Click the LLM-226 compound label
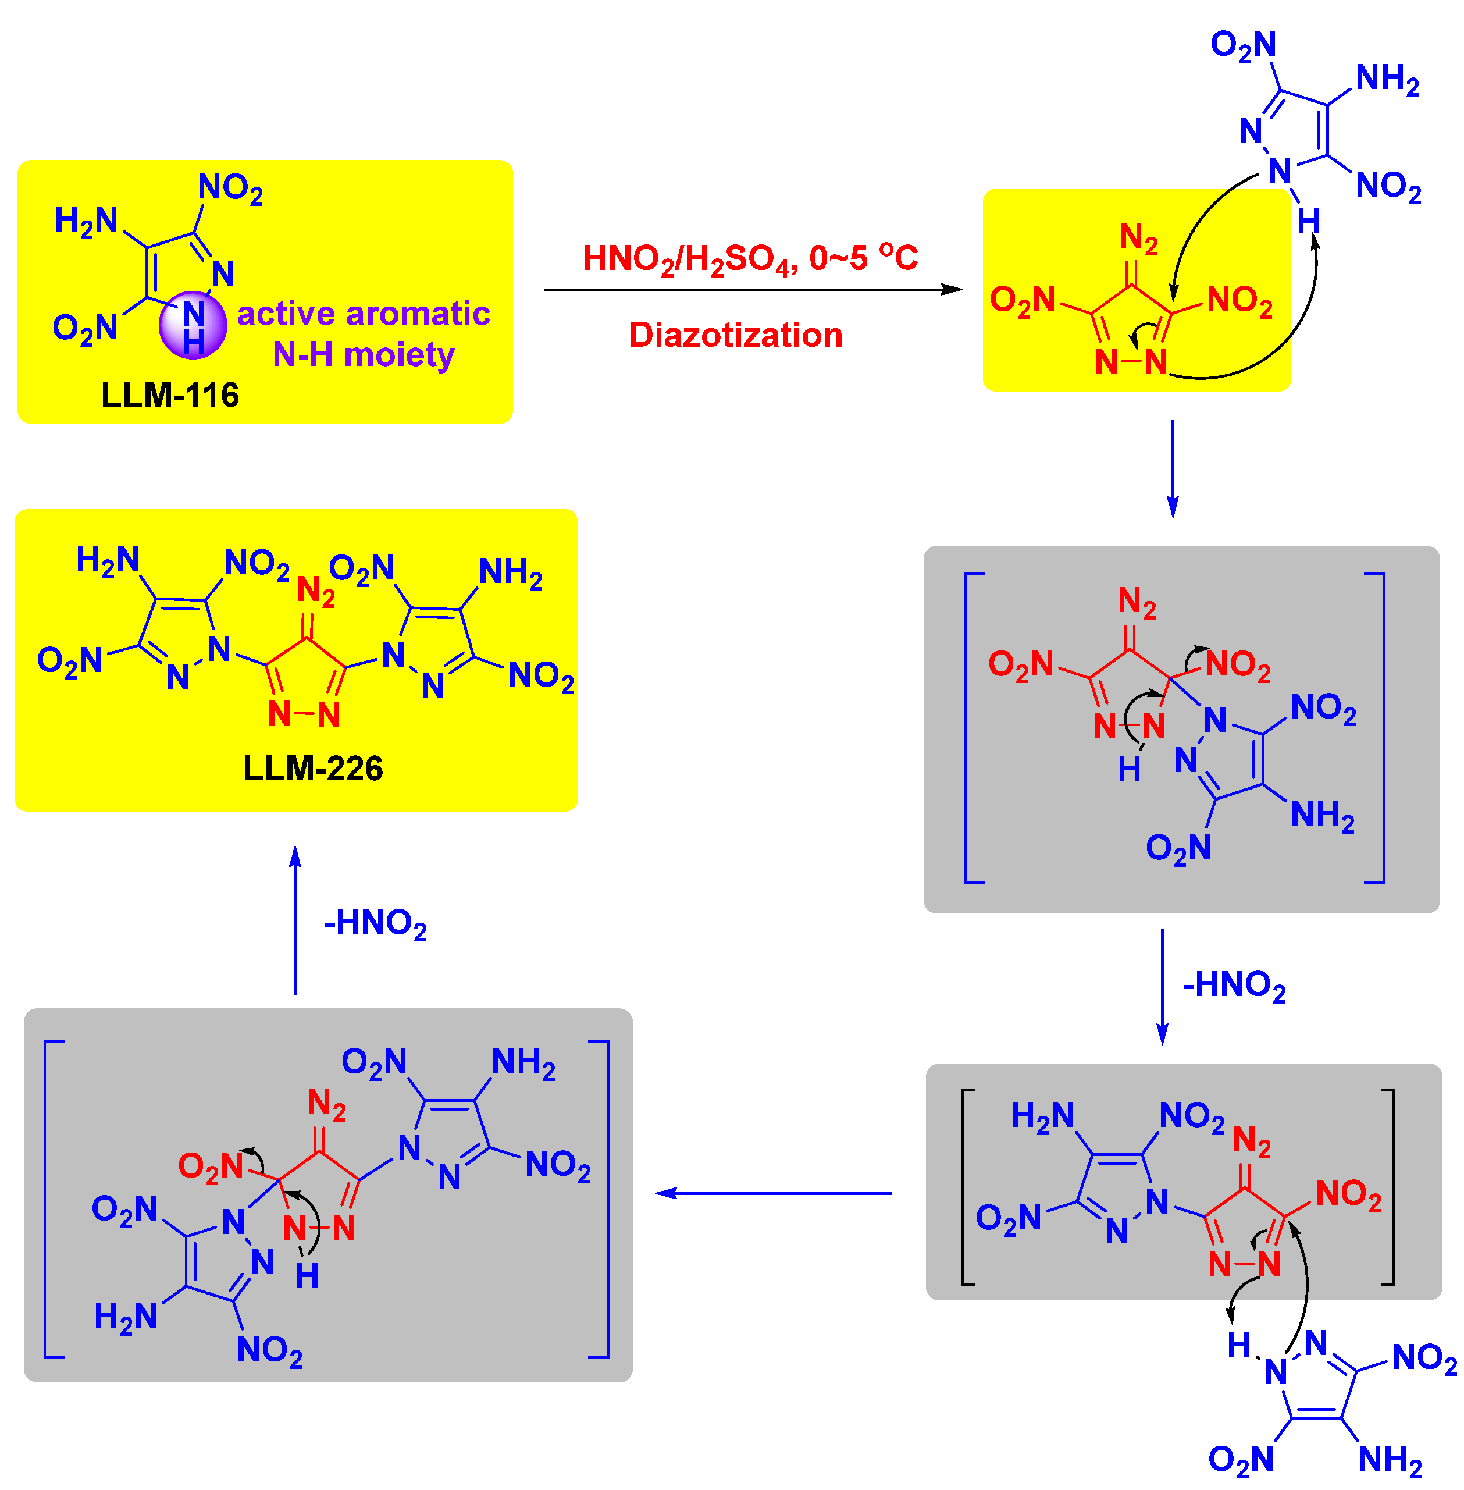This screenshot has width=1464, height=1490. (313, 769)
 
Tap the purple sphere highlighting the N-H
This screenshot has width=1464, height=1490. (193, 325)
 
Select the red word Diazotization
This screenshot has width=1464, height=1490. (736, 335)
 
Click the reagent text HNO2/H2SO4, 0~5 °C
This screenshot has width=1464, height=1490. (750, 258)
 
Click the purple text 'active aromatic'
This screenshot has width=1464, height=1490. (363, 314)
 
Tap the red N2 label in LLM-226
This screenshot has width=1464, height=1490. (316, 592)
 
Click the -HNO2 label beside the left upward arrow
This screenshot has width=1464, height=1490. (375, 923)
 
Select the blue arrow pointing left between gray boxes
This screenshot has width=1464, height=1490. (773, 1193)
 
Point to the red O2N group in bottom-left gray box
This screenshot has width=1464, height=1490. (211, 1166)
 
